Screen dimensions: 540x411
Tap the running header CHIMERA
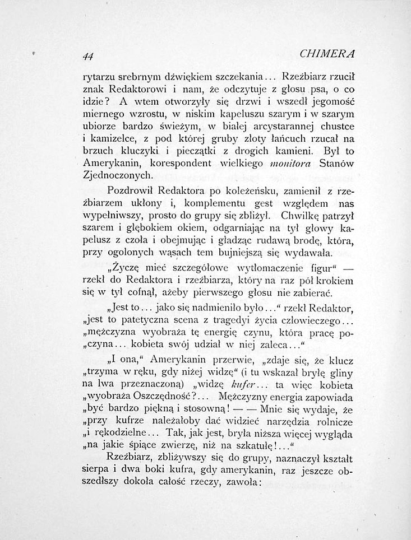[327, 54]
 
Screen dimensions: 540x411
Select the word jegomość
[329, 102]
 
